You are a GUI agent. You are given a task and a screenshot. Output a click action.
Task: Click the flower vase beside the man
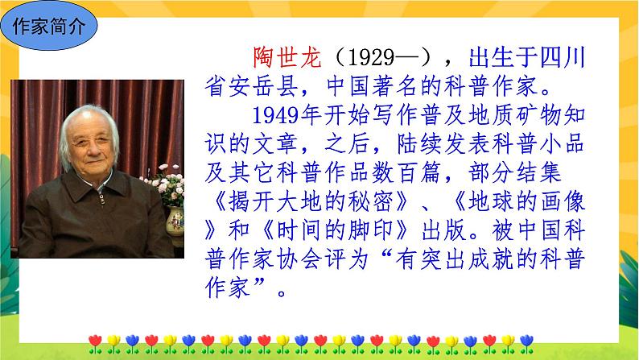tap(173, 219)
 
